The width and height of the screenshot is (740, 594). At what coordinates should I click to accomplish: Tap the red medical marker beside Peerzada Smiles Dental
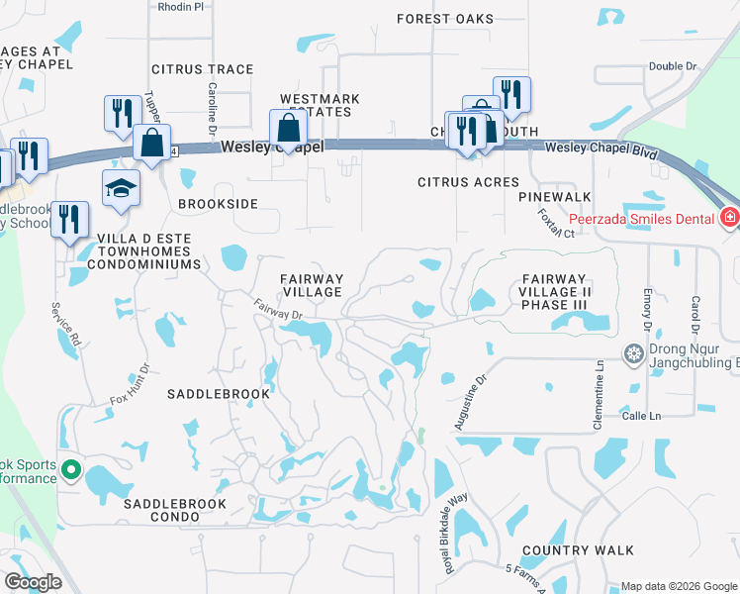click(730, 216)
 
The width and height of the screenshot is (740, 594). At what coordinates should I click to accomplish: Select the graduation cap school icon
click(121, 188)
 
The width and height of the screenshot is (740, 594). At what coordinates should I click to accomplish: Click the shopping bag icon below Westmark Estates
click(288, 129)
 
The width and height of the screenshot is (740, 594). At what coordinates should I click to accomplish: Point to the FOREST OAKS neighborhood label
click(444, 19)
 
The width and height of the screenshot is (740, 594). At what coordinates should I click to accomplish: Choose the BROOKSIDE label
click(218, 203)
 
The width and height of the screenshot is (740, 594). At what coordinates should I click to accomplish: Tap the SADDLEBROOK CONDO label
click(174, 504)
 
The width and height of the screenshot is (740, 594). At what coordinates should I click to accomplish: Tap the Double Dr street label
click(673, 66)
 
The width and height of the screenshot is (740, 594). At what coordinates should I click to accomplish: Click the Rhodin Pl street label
click(180, 6)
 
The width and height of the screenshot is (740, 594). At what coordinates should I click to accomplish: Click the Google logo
click(33, 582)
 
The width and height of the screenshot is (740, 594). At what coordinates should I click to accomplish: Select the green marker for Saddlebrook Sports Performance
click(70, 469)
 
